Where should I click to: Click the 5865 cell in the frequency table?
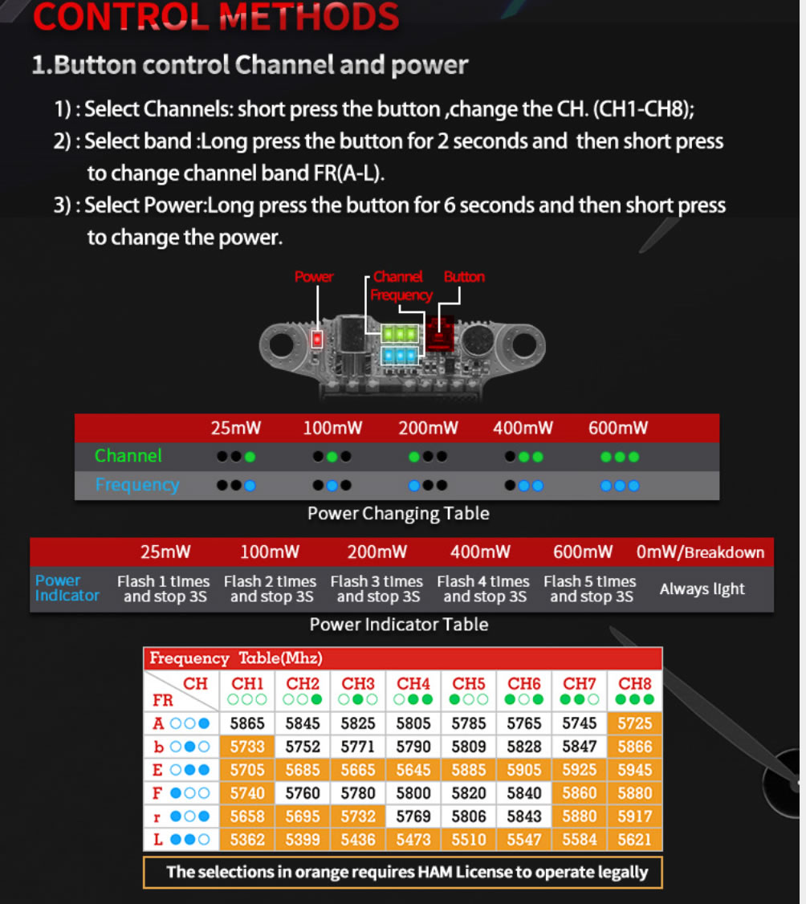246,723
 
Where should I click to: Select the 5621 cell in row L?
634,840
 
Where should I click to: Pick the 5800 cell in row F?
413,792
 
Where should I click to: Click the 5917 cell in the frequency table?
634,816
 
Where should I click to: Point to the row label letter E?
157,770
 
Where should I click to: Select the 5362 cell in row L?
246,840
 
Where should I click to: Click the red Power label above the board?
314,277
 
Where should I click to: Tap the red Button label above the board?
464,277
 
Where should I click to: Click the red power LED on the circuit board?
316,339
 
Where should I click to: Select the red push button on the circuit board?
440,335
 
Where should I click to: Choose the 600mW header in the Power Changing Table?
618,428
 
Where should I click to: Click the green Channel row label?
128,455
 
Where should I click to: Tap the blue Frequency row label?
137,485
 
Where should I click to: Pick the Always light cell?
702,588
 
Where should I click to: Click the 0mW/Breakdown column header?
700,552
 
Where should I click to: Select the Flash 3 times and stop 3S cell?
377,588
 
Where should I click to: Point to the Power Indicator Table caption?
399,625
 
